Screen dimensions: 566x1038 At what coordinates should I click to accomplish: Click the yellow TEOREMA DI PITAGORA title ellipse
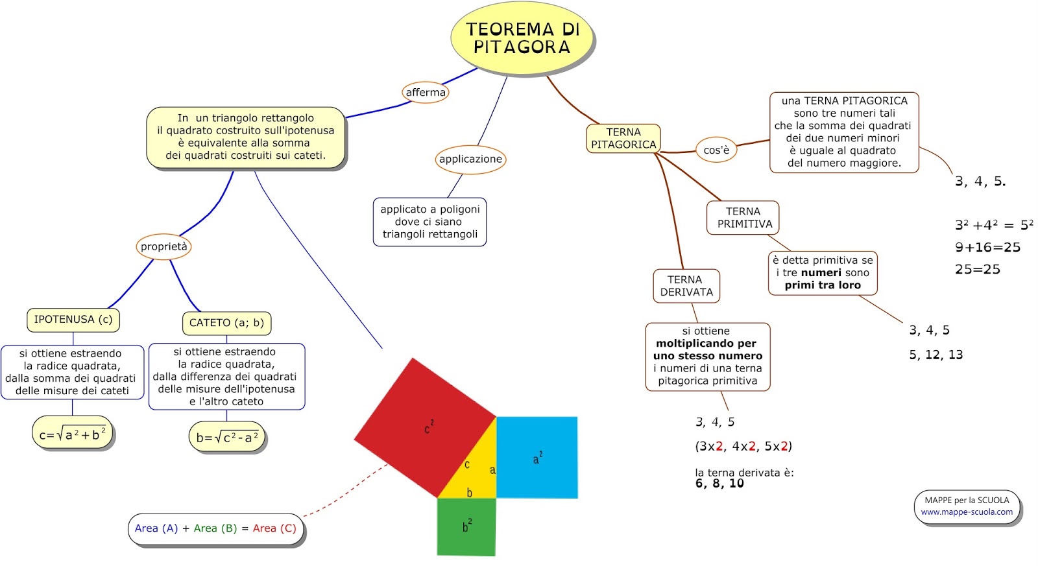tap(522, 38)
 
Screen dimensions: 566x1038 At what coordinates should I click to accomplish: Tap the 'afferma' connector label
tap(426, 92)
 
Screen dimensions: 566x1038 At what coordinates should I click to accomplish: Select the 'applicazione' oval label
tap(470, 159)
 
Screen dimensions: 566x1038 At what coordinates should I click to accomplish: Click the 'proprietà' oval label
tap(164, 246)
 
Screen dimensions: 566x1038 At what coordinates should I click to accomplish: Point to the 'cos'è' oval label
tap(716, 150)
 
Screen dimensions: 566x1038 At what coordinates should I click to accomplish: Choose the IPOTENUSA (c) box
tap(73, 320)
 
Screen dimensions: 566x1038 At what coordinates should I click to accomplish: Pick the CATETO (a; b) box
tap(226, 323)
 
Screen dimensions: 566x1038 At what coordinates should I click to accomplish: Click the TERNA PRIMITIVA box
tap(743, 218)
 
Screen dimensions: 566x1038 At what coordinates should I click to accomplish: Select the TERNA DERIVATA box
tap(686, 286)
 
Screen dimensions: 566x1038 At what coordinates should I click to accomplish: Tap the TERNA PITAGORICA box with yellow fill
tap(623, 138)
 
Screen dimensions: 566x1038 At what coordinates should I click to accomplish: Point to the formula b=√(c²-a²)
tap(227, 438)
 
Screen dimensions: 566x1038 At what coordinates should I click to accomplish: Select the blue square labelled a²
tap(537, 457)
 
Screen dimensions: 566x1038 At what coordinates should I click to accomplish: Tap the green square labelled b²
tap(466, 526)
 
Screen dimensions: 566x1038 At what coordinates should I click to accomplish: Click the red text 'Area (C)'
tap(274, 528)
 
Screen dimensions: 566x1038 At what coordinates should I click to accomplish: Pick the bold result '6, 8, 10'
tap(719, 484)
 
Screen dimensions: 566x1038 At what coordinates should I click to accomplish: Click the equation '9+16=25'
tap(987, 248)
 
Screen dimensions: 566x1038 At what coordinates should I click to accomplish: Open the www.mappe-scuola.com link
tap(967, 512)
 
